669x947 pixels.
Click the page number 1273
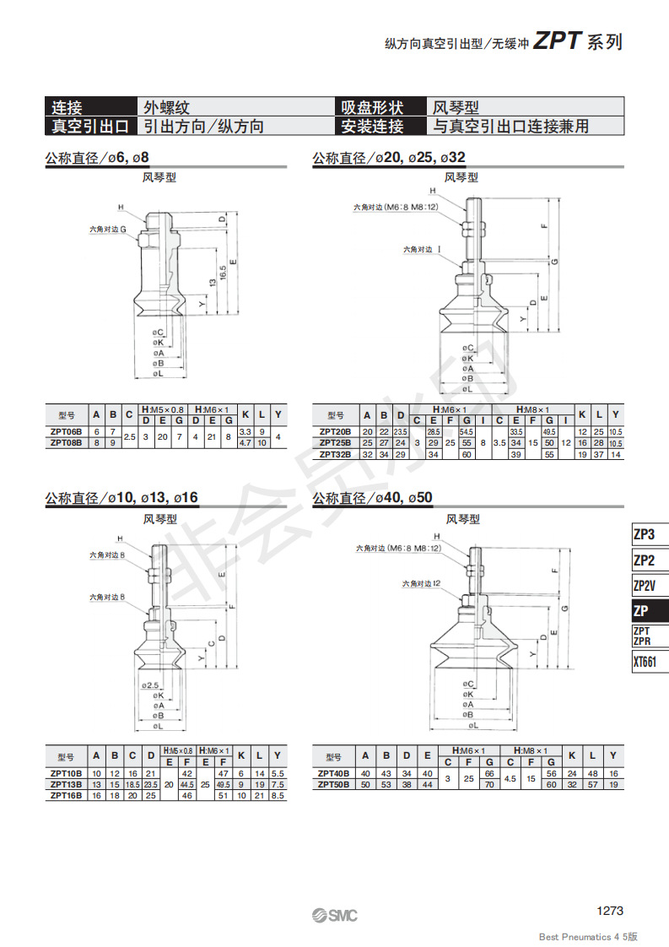click(x=609, y=910)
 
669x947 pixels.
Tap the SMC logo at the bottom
click(x=334, y=915)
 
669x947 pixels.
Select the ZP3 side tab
click(x=645, y=534)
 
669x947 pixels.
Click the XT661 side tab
click(x=645, y=662)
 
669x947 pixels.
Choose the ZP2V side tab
click(x=645, y=585)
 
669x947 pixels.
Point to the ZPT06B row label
click(x=67, y=431)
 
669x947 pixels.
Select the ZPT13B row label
click(x=67, y=784)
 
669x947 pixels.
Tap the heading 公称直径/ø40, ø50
click(x=372, y=498)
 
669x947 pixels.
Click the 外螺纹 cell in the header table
click(x=167, y=107)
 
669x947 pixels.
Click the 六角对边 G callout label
click(x=108, y=229)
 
